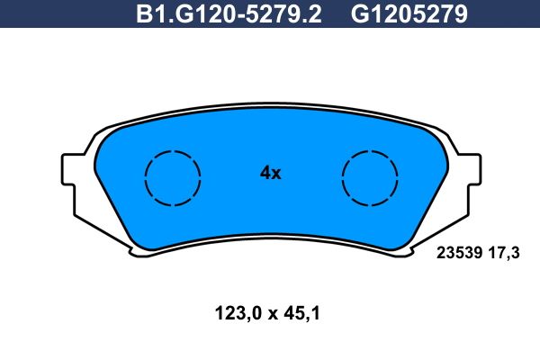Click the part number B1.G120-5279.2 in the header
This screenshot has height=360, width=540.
tap(229, 13)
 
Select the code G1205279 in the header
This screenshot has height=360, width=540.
tap(409, 13)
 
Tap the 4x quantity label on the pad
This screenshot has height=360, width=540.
tap(270, 173)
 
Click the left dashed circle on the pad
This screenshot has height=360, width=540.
tap(145, 178)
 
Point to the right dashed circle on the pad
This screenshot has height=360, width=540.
tap(343, 178)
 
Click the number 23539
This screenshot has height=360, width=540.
tap(459, 253)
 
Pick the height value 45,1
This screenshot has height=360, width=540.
tap(302, 314)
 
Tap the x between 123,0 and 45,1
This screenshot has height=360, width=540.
tap(273, 315)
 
